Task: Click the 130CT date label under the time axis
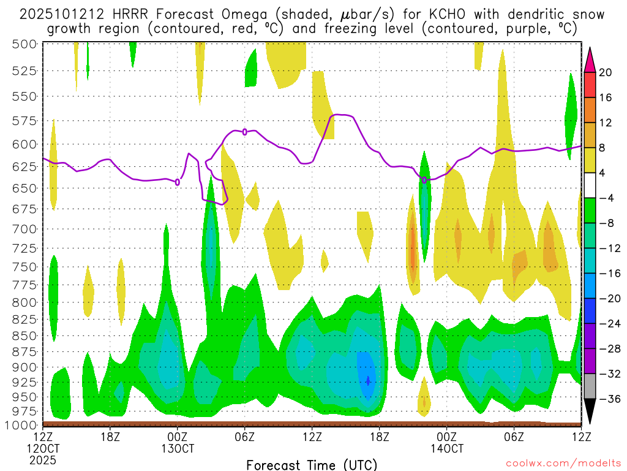pyautogui.click(x=178, y=448)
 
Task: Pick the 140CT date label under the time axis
pyautogui.click(x=446, y=448)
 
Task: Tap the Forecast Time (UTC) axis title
pyautogui.click(x=312, y=464)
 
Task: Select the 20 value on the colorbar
pyautogui.click(x=606, y=72)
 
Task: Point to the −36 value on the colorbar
pyautogui.click(x=609, y=399)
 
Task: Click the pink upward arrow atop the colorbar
pyautogui.click(x=590, y=58)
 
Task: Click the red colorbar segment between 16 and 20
pyautogui.click(x=590, y=85)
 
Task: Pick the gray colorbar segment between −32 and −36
pyautogui.click(x=590, y=386)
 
